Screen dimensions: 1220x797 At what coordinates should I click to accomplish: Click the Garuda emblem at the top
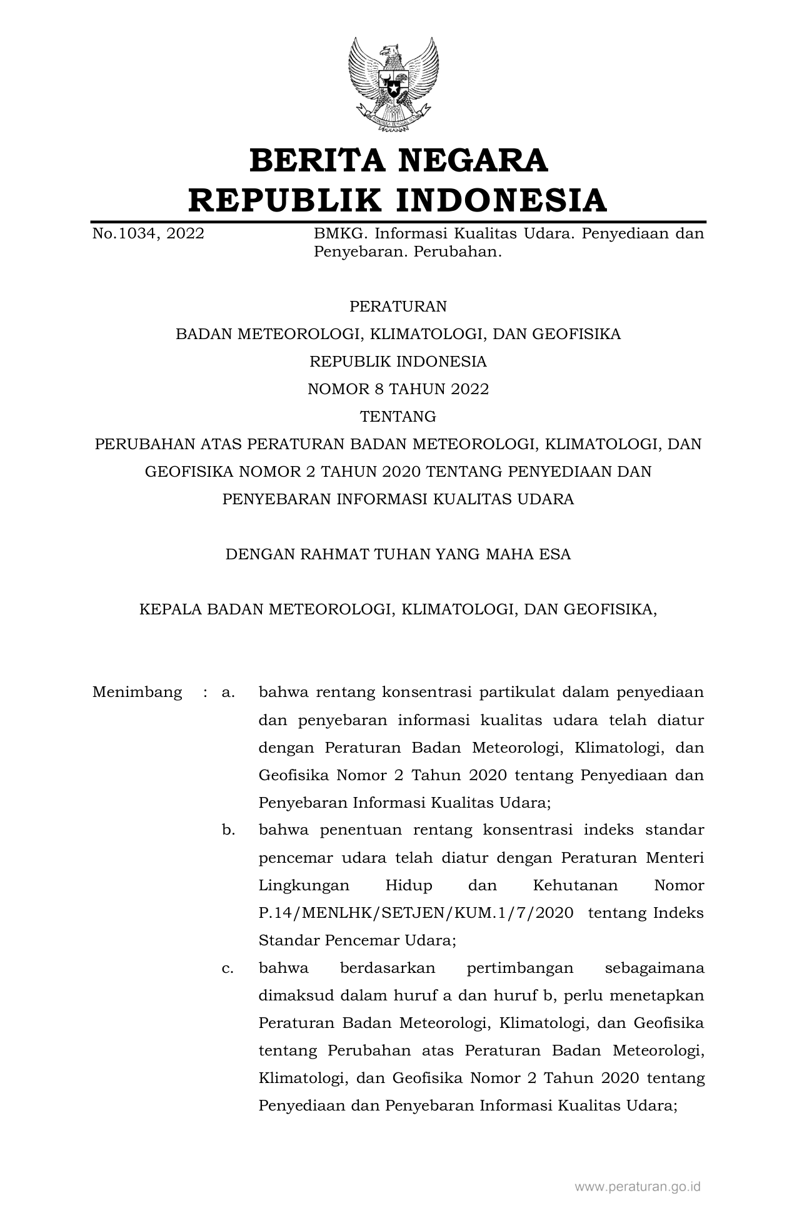[x=393, y=84]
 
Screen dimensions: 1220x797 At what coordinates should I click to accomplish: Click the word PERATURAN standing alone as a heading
[x=398, y=307]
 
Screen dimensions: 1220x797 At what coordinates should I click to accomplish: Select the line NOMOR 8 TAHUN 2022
[x=398, y=389]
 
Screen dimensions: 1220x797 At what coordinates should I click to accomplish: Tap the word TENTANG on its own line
[x=398, y=417]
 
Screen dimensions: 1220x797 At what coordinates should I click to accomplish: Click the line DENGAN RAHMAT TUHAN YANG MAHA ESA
[x=398, y=554]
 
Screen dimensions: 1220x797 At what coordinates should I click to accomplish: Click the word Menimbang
[x=138, y=693]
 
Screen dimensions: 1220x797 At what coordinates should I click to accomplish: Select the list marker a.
[x=228, y=693]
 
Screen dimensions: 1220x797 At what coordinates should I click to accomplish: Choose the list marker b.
[x=228, y=830]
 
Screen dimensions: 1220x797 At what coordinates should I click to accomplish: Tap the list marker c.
[x=228, y=968]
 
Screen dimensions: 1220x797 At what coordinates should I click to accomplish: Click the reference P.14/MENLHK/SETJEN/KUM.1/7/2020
[x=416, y=913]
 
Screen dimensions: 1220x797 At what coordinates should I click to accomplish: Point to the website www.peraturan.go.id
[x=638, y=1186]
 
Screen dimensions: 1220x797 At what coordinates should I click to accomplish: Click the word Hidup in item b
[x=408, y=885]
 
